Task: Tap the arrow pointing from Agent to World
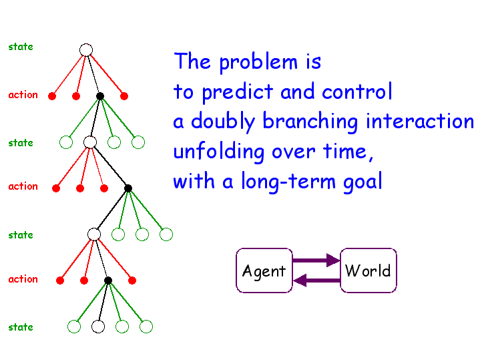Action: point(316,260)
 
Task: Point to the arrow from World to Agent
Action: point(316,281)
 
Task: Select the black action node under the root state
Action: point(100,96)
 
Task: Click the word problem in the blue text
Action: point(258,62)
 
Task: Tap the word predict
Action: point(238,92)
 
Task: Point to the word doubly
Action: point(223,122)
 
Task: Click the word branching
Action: point(310,122)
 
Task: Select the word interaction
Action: point(420,121)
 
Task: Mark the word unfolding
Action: point(218,152)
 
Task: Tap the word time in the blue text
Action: point(344,151)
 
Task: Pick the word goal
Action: point(363,182)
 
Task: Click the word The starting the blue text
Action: point(192,61)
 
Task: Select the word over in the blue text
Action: point(294,152)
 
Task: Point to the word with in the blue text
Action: point(194,180)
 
